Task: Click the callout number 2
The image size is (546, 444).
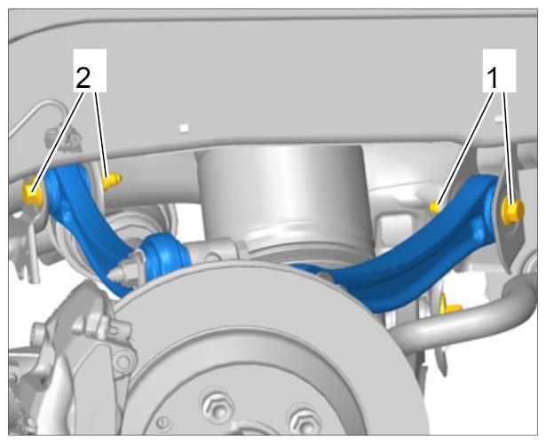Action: pyautogui.click(x=83, y=79)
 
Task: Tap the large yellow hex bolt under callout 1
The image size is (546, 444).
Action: pyautogui.click(x=512, y=210)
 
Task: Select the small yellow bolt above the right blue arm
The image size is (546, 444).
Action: pyautogui.click(x=436, y=207)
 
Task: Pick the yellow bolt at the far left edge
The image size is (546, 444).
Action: pyautogui.click(x=32, y=192)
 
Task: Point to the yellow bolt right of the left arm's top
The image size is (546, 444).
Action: pyautogui.click(x=111, y=180)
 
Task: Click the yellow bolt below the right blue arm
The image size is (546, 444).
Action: pyautogui.click(x=450, y=306)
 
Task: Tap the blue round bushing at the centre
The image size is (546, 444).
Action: pyautogui.click(x=163, y=256)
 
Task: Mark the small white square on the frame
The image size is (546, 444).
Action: pyautogui.click(x=185, y=128)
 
